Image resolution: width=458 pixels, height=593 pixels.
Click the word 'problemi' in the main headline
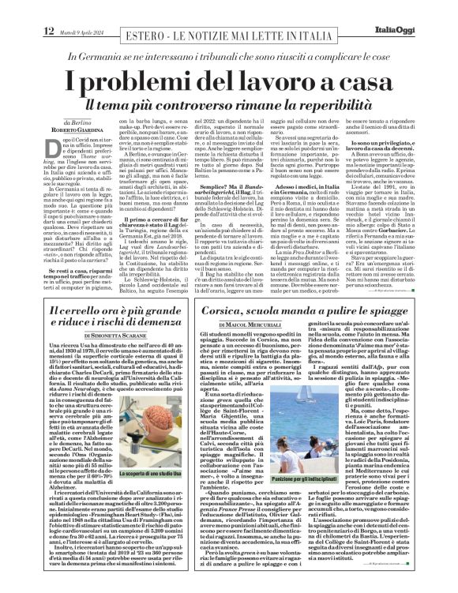(x=152, y=80)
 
